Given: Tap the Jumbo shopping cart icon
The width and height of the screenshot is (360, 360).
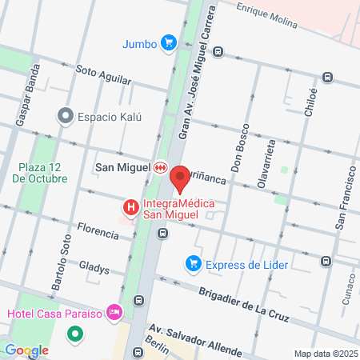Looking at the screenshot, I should (x=167, y=43).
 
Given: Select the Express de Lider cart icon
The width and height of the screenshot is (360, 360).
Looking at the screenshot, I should (x=193, y=263).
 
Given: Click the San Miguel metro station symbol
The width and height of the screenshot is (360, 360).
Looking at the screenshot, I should (x=161, y=167).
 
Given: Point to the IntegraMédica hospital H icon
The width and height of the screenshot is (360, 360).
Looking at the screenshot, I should (x=130, y=208).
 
